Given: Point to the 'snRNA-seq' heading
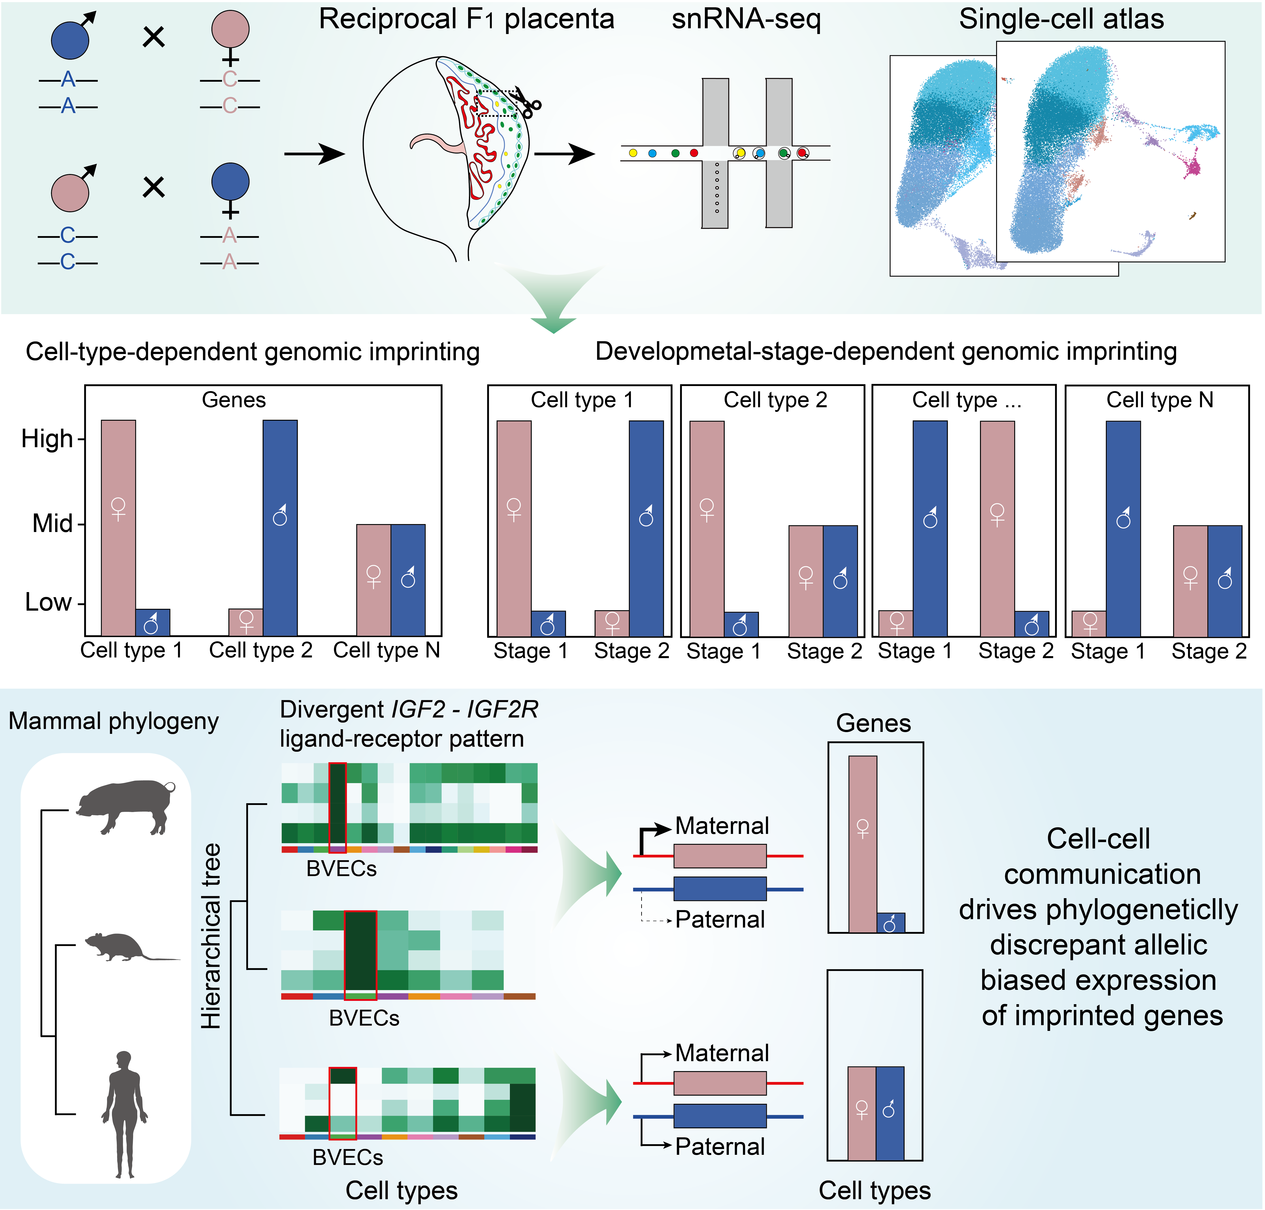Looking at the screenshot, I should (x=746, y=19).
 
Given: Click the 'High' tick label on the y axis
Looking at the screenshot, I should (x=47, y=439).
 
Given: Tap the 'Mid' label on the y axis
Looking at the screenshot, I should (x=52, y=524).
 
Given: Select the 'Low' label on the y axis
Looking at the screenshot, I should (x=48, y=602).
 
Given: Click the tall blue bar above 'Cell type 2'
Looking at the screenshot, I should (x=280, y=528).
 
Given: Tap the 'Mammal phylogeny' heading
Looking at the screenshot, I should (x=113, y=721).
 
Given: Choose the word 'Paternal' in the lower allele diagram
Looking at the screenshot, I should (x=720, y=1146).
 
